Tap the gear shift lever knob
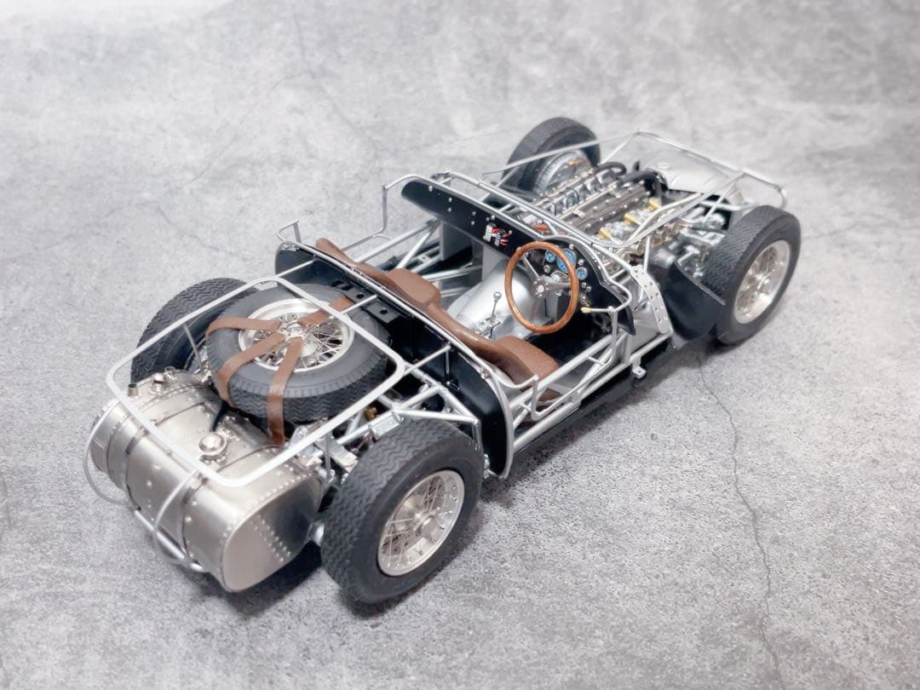(x=497, y=296)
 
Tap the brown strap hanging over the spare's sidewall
(x=275, y=409)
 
